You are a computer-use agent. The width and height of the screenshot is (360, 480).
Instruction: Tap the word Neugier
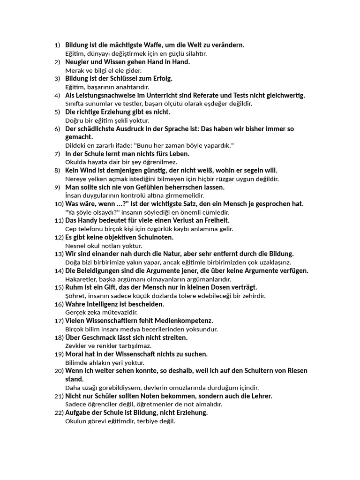77,62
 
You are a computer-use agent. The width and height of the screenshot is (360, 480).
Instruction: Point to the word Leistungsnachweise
106,95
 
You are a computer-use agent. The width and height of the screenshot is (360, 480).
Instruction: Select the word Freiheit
215,220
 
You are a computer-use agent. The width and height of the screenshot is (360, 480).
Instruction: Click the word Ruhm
74,287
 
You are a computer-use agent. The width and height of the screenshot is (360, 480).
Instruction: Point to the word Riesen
296,371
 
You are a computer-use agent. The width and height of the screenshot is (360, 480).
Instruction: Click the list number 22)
59,413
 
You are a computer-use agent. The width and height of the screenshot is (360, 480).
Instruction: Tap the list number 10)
59,204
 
